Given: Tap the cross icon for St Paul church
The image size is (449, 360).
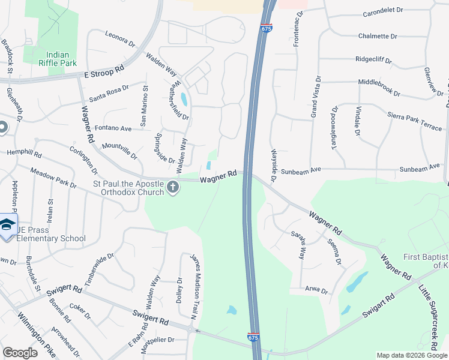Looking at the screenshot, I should (x=172, y=187).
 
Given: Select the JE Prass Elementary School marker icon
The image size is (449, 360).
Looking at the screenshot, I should (x=7, y=226).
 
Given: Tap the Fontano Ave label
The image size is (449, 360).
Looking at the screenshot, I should (x=113, y=128).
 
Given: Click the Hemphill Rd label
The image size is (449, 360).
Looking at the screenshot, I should (x=24, y=154).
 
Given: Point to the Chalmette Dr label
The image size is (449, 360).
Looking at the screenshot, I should (x=378, y=36).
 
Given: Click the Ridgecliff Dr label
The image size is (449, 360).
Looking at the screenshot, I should (x=373, y=61).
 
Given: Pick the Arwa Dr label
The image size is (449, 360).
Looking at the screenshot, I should (x=316, y=291).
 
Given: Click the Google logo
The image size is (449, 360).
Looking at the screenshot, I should (x=20, y=352).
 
